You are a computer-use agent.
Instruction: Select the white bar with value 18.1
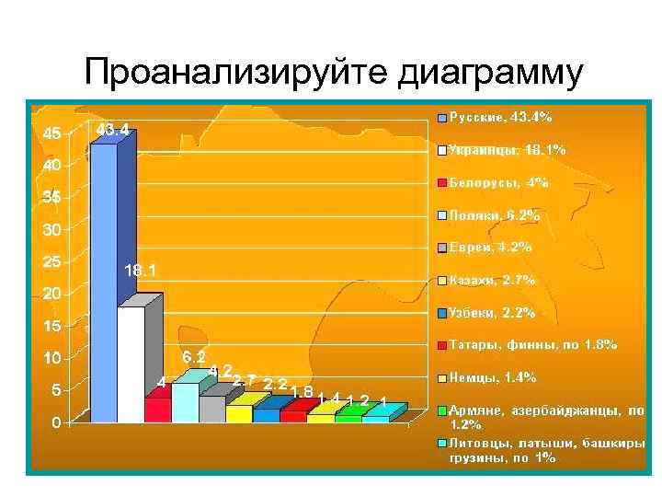[x=131, y=364]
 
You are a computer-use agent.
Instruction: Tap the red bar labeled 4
[x=157, y=409]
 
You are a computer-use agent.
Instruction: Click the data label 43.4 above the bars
[x=112, y=129]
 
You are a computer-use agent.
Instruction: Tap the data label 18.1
[x=140, y=271]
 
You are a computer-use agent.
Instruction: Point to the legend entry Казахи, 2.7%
[x=492, y=280]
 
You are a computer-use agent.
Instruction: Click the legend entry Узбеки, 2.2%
[x=492, y=313]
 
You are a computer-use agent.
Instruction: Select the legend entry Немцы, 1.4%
[x=492, y=377]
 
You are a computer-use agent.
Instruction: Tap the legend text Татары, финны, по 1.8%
[x=532, y=345]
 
